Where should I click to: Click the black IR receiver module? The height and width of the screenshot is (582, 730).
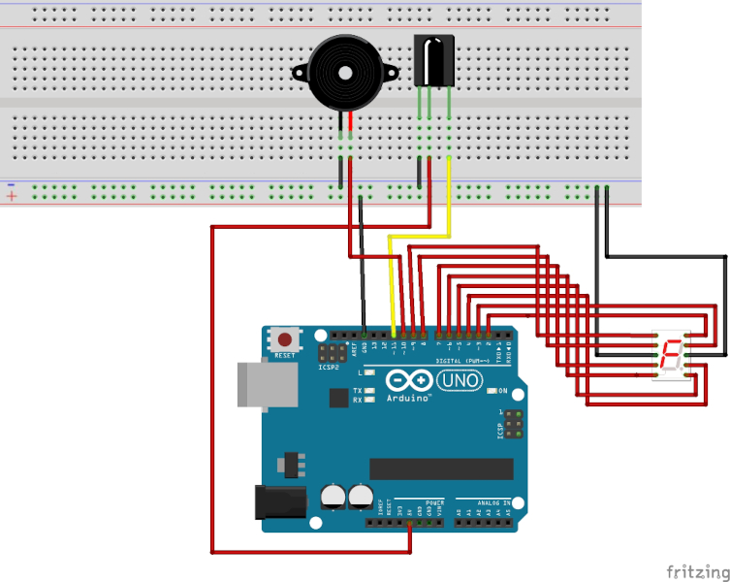click(x=432, y=59)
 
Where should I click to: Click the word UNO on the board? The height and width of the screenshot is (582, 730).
click(x=459, y=381)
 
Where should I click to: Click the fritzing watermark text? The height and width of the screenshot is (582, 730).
click(x=696, y=570)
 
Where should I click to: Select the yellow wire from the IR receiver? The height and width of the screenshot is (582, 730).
click(x=449, y=194)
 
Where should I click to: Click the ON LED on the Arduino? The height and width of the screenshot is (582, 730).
click(x=492, y=391)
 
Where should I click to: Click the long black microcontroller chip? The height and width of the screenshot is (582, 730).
click(x=441, y=468)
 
